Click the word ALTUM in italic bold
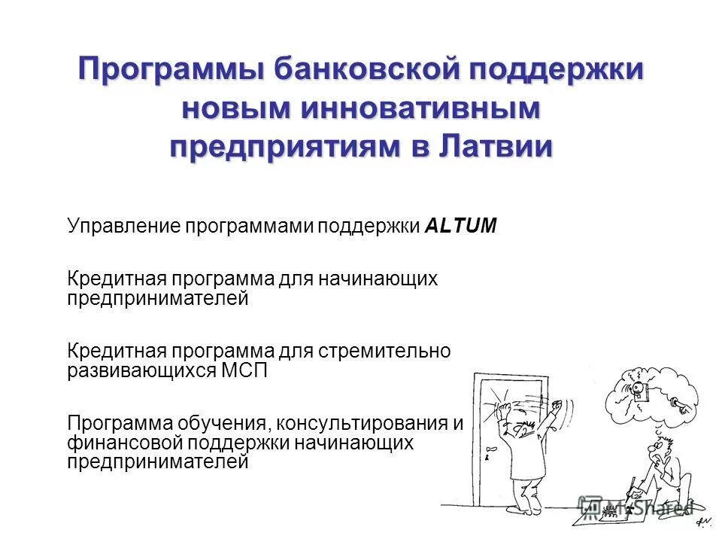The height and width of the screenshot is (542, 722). tap(461, 226)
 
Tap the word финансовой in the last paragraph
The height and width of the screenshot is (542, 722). tap(115, 443)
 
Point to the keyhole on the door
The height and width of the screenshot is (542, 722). tap(487, 457)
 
